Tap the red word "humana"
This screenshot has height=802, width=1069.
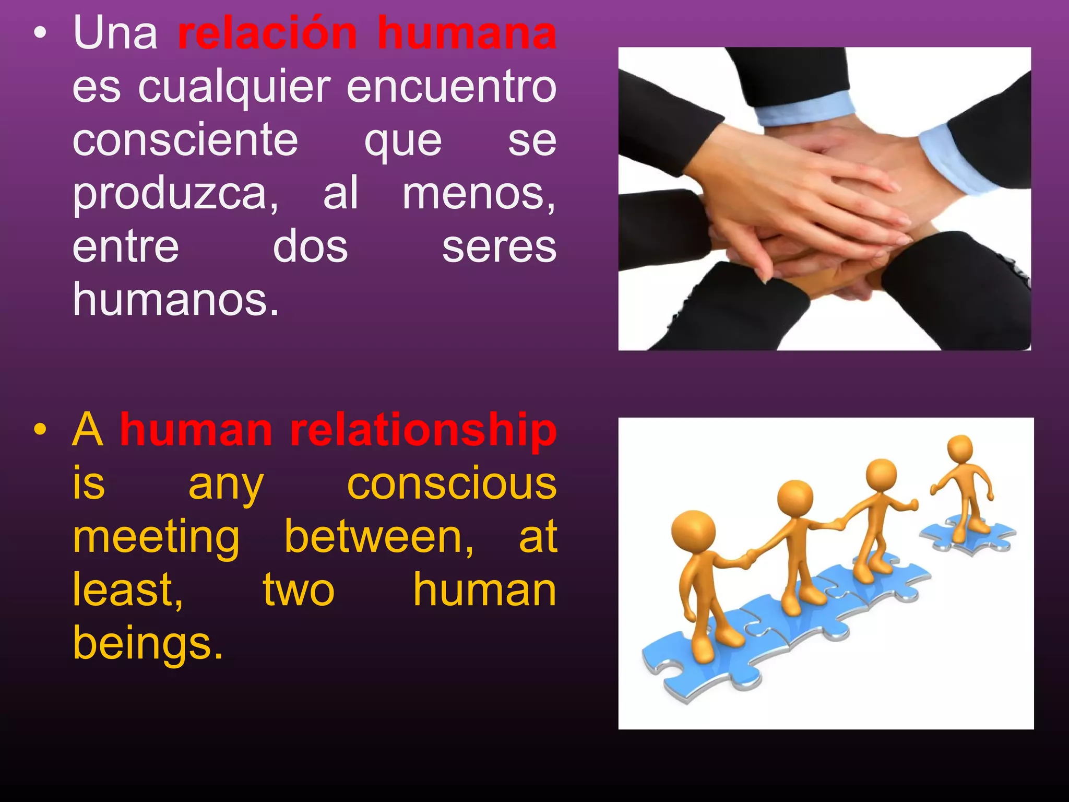point(467,33)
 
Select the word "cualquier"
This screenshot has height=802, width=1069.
point(234,87)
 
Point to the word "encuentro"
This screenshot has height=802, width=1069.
point(452,87)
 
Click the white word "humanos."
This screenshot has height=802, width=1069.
point(176,300)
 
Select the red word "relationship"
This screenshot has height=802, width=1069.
point(423,431)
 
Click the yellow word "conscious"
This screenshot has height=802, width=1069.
point(452,484)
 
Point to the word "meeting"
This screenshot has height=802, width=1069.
point(156,538)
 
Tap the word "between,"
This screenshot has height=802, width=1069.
point(379,537)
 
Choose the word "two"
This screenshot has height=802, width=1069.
point(298,591)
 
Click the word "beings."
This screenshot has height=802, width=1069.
point(148,644)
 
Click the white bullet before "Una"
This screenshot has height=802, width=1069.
point(40,34)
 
